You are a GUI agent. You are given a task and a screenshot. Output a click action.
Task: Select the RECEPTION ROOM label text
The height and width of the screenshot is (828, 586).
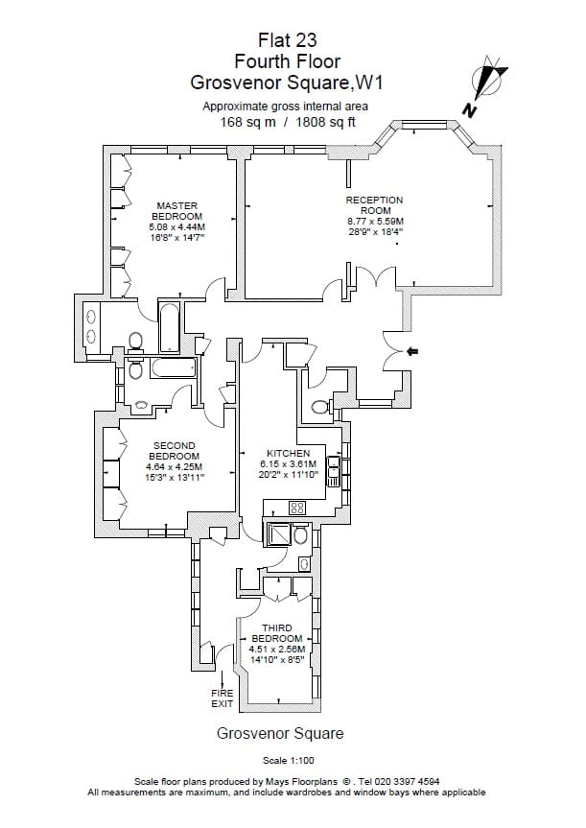pyautogui.click(x=375, y=205)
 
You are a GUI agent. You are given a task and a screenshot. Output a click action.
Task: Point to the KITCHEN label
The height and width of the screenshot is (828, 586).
pyautogui.click(x=288, y=453)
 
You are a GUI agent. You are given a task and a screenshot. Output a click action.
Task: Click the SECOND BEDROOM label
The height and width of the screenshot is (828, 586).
pyautogui.click(x=175, y=451)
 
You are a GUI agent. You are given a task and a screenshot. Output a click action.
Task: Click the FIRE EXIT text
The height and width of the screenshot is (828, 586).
pyautogui.click(x=223, y=698)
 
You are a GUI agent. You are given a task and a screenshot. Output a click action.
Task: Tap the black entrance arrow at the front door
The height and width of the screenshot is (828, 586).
pyautogui.click(x=412, y=352)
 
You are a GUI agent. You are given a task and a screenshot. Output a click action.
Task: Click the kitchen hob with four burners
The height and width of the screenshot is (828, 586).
pyautogui.click(x=297, y=508)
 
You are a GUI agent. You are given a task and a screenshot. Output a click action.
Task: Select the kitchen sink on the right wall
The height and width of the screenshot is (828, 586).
pyautogui.click(x=333, y=468)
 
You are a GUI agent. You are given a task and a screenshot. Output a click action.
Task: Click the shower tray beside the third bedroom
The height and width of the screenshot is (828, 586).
pyautogui.click(x=279, y=535)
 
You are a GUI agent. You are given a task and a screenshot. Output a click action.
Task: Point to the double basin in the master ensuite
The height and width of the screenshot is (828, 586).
pyautogui.click(x=90, y=325)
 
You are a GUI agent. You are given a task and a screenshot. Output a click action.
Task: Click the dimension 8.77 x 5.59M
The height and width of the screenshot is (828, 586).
pyautogui.click(x=375, y=221)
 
